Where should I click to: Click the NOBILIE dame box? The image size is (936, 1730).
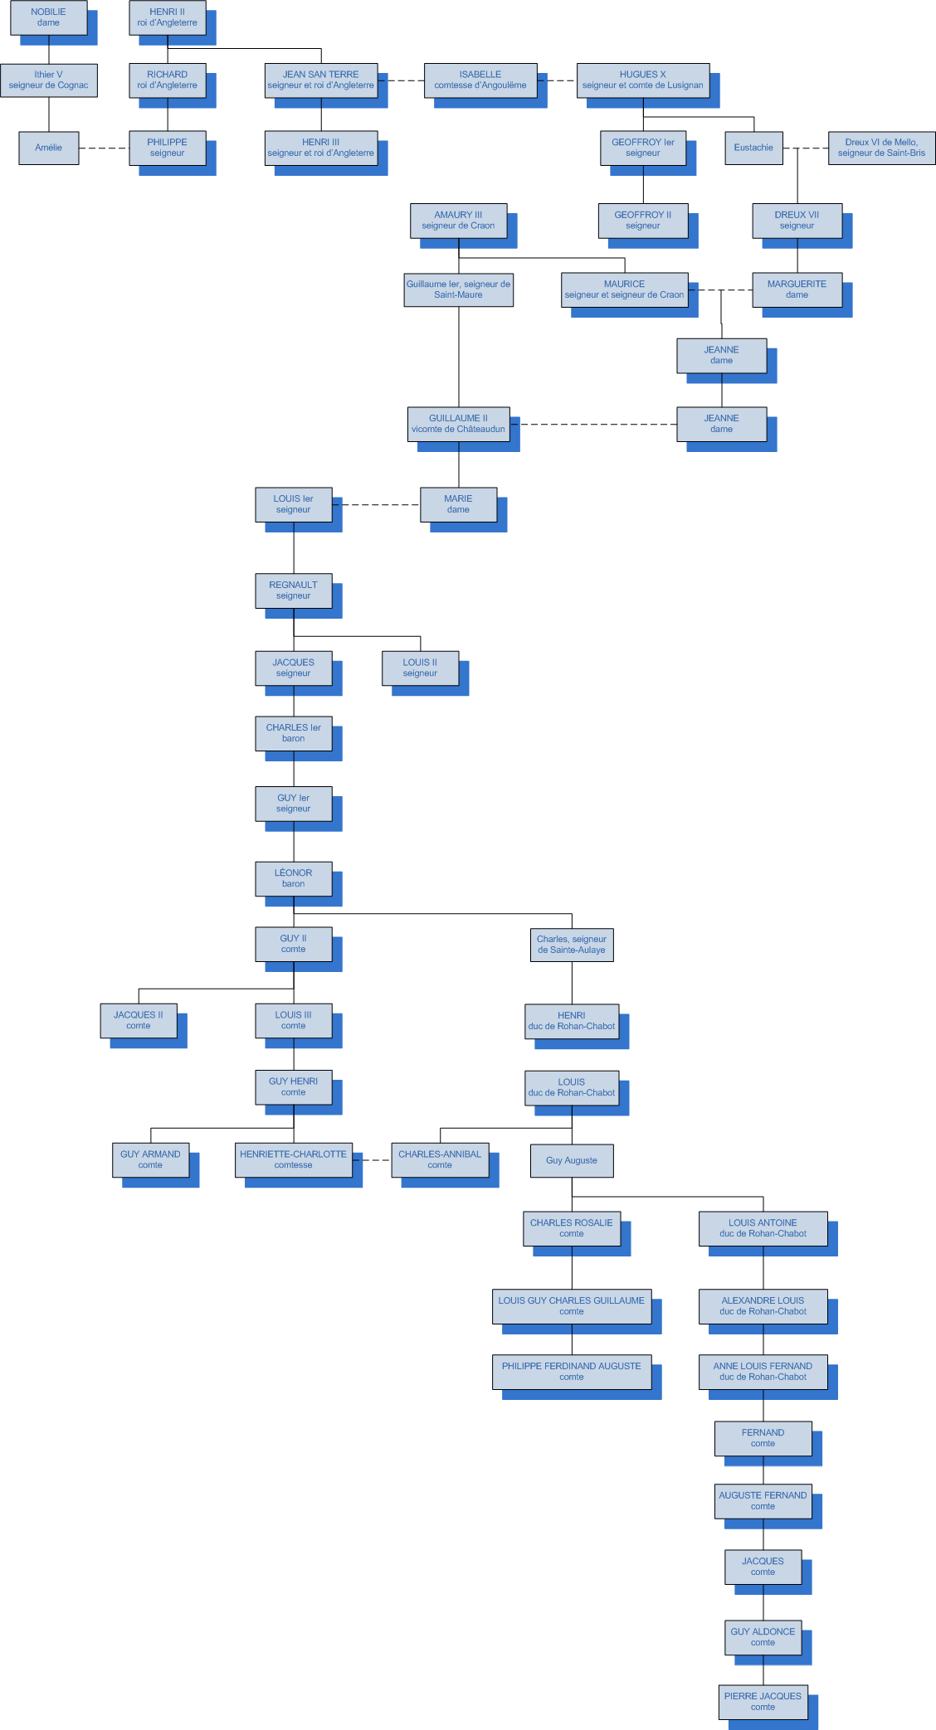click(48, 17)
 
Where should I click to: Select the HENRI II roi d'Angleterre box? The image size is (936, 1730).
click(167, 17)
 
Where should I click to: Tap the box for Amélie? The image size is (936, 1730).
click(48, 148)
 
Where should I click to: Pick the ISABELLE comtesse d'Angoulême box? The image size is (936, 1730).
click(480, 80)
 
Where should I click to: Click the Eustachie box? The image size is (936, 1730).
click(753, 148)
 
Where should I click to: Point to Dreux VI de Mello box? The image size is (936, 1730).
click(881, 148)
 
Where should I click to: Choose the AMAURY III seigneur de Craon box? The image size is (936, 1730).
click(458, 220)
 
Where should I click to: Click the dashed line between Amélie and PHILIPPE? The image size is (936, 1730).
click(104, 148)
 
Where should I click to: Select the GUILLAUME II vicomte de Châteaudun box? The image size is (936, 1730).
click(458, 424)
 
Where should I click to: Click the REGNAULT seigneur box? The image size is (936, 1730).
click(293, 590)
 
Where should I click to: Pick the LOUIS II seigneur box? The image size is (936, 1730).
click(420, 668)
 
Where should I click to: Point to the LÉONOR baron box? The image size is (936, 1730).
click(293, 878)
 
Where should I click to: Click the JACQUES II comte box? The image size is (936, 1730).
click(139, 1020)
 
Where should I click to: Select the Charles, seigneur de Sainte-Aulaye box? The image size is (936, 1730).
click(572, 945)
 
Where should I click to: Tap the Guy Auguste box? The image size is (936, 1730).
click(572, 1160)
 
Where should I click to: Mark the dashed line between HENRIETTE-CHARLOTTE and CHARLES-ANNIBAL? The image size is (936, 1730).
click(372, 1160)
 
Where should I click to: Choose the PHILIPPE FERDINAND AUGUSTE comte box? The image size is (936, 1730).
click(571, 1372)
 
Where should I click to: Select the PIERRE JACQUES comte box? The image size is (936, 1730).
click(763, 1702)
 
